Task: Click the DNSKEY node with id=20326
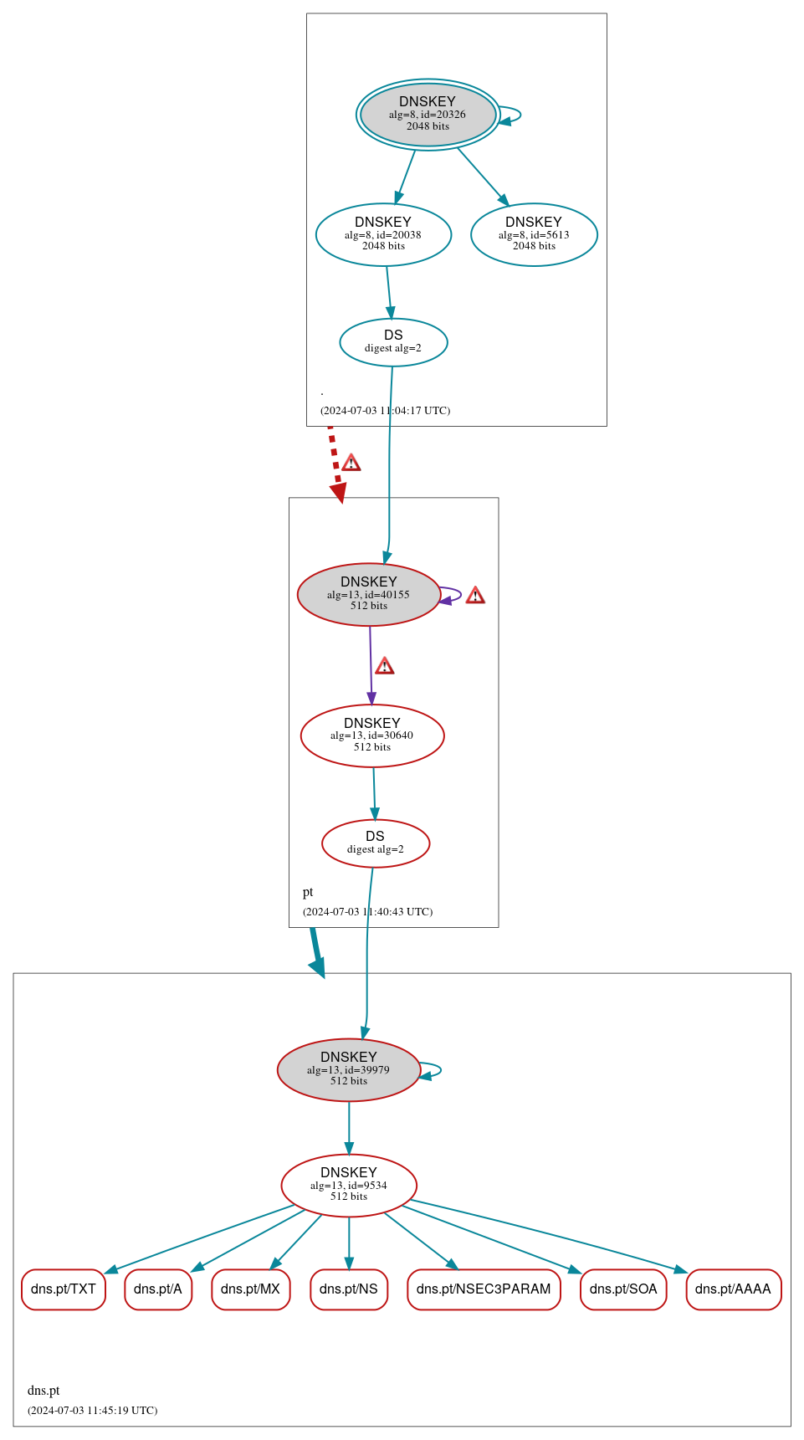tap(428, 115)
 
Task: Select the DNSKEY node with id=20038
tap(383, 234)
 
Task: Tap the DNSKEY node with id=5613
tap(534, 234)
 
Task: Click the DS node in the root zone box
tap(393, 341)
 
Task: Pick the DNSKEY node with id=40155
tap(368, 594)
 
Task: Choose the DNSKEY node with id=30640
tap(372, 735)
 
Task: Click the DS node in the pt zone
tap(376, 843)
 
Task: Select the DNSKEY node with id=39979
tap(349, 1069)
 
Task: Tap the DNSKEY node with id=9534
tap(349, 1185)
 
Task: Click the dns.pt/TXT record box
tap(64, 1289)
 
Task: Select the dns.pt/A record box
tap(158, 1289)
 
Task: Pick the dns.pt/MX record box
tap(251, 1289)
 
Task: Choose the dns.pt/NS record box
tap(349, 1289)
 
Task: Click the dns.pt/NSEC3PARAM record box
tap(484, 1289)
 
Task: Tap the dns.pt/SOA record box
tap(623, 1289)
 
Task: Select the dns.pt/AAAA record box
tap(733, 1289)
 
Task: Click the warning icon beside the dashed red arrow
tap(351, 463)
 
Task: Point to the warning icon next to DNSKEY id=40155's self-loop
tap(475, 596)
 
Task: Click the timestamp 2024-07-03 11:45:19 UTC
tap(92, 1411)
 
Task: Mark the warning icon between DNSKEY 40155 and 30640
tap(384, 666)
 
